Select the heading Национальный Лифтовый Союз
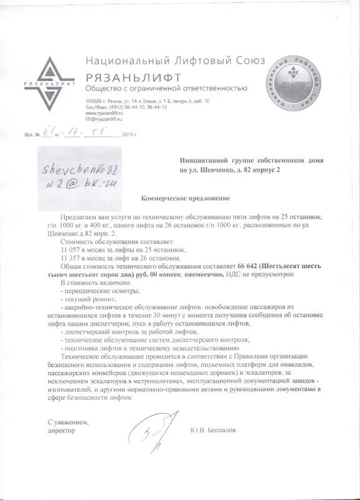point(175,61)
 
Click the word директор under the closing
point(61,431)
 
